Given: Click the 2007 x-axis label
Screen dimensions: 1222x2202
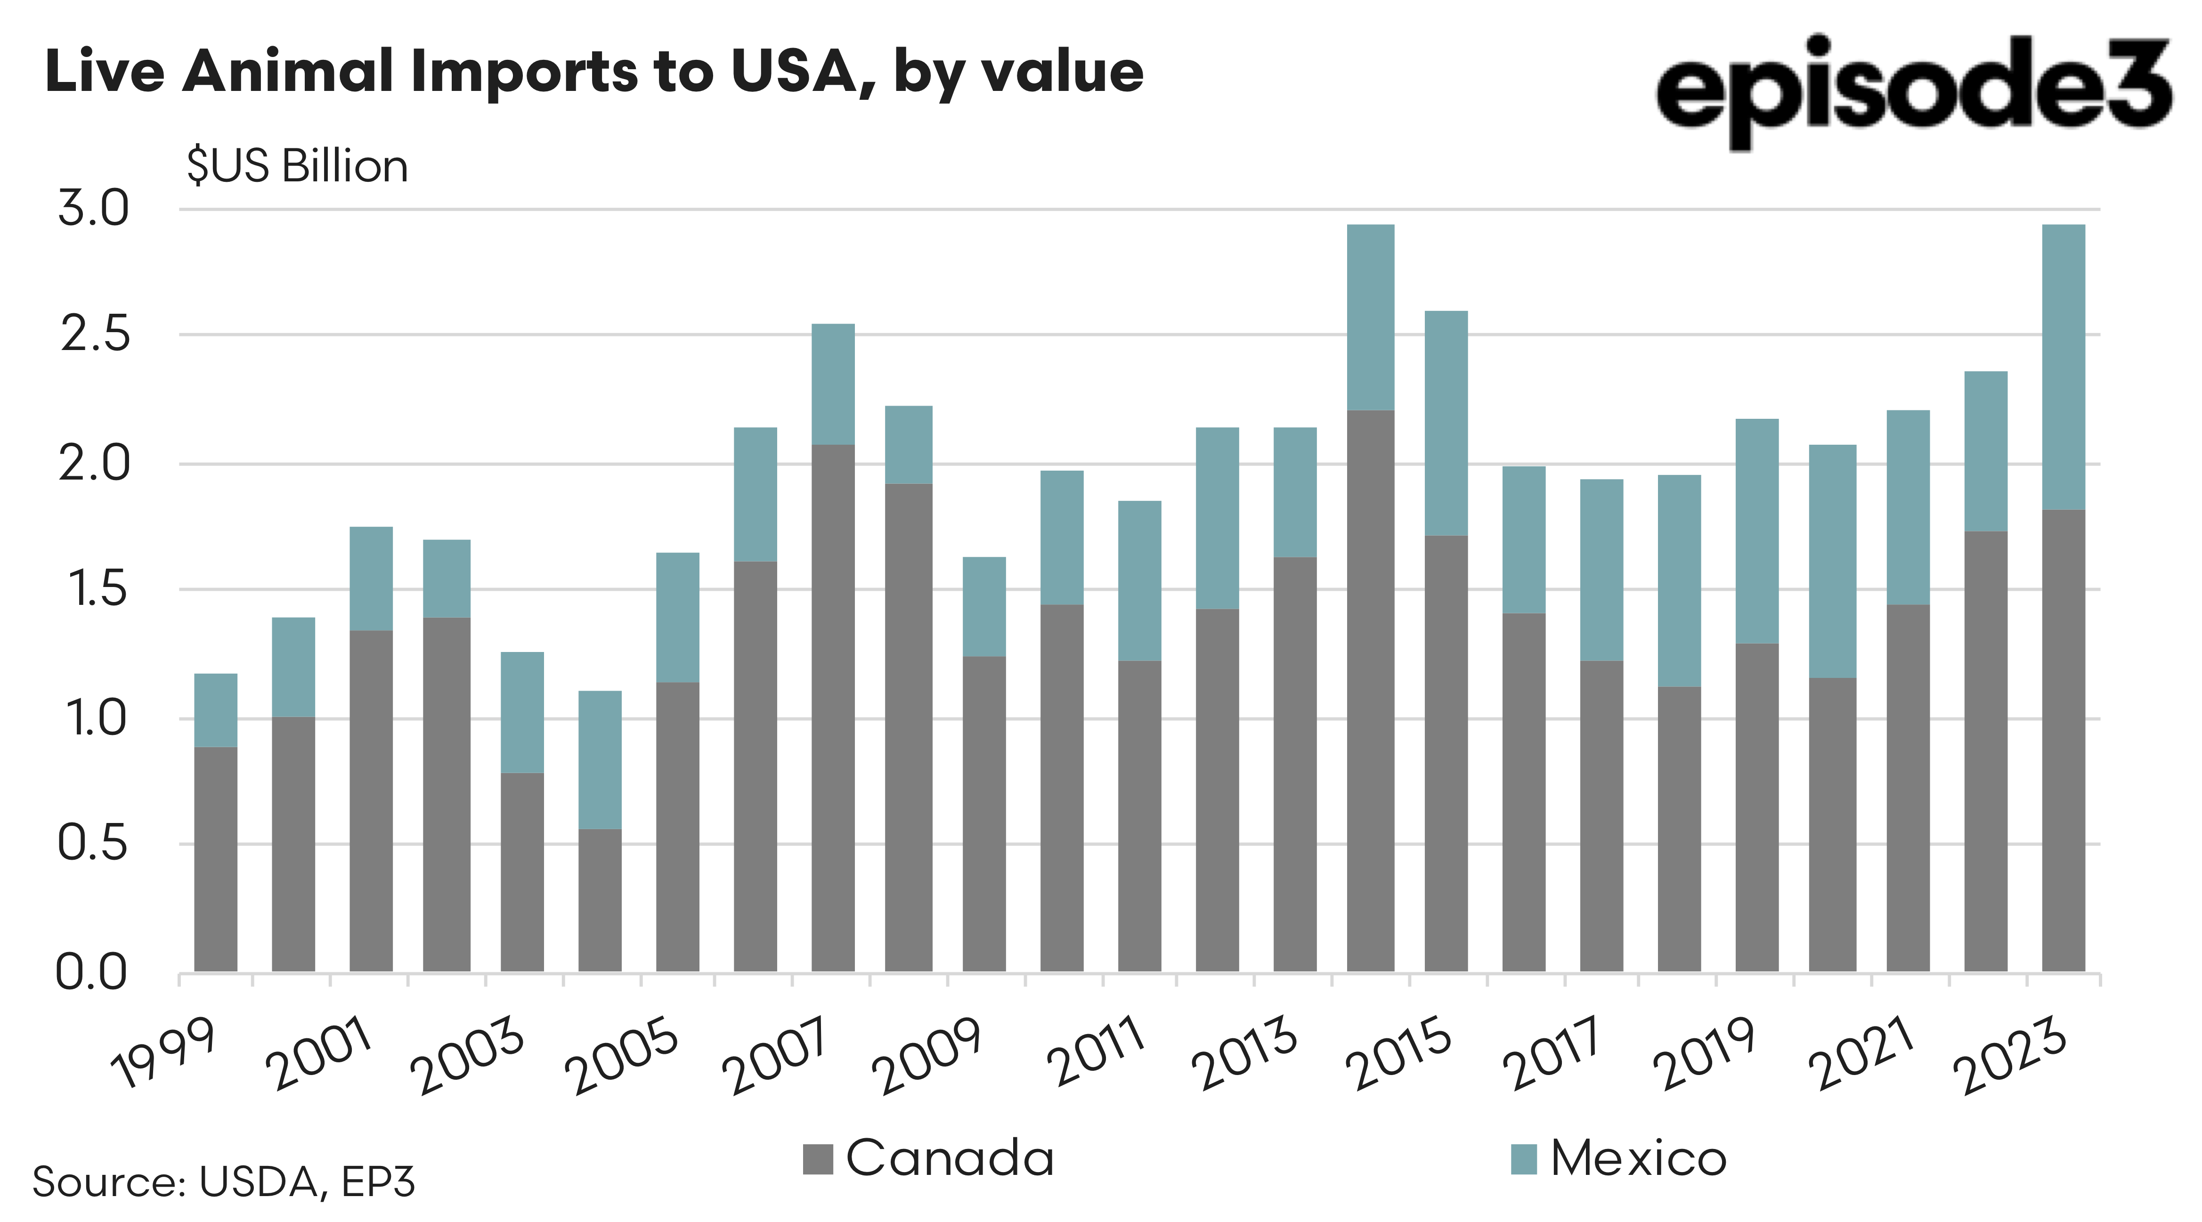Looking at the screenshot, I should pyautogui.click(x=775, y=1056).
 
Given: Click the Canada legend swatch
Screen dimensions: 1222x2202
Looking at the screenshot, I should pyautogui.click(x=817, y=1159).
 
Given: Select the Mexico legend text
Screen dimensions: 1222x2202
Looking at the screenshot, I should pyautogui.click(x=1638, y=1159).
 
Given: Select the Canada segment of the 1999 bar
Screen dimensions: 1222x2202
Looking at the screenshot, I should pyautogui.click(x=215, y=859).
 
